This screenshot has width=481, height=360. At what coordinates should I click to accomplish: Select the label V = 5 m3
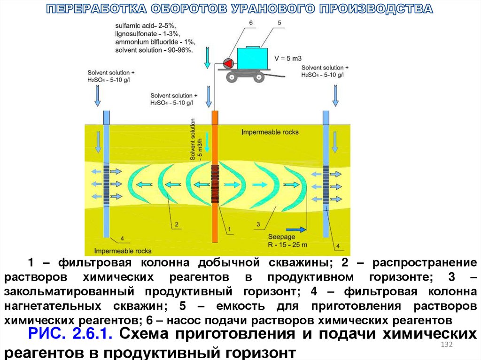pyautogui.click(x=288, y=58)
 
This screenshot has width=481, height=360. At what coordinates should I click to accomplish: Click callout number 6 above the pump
pyautogui.click(x=250, y=23)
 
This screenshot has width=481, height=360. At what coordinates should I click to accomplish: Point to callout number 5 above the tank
pyautogui.click(x=279, y=23)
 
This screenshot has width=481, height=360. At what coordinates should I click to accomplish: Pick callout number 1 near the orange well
pyautogui.click(x=230, y=229)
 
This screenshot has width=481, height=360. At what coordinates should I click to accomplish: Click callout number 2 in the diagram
pyautogui.click(x=177, y=224)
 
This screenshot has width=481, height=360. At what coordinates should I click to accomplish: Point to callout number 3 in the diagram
pyautogui.click(x=258, y=225)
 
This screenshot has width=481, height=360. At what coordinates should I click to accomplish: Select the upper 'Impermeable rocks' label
pyautogui.click(x=270, y=132)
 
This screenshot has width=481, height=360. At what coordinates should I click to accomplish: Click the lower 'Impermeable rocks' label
pyautogui.click(x=123, y=250)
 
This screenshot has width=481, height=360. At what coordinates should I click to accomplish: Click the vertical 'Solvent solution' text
pyautogui.click(x=193, y=139)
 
